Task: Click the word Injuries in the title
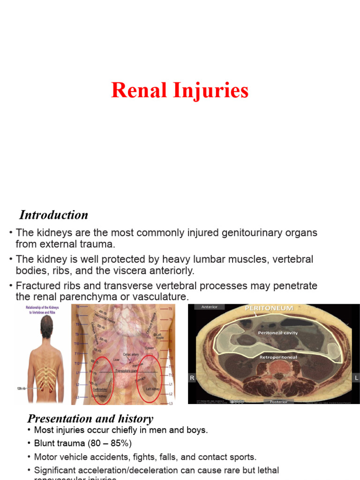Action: [212, 90]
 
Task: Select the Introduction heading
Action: [53, 215]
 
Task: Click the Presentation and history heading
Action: [90, 419]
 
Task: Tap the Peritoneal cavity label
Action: [277, 333]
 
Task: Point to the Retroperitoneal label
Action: [278, 357]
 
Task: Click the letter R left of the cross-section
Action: [191, 377]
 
